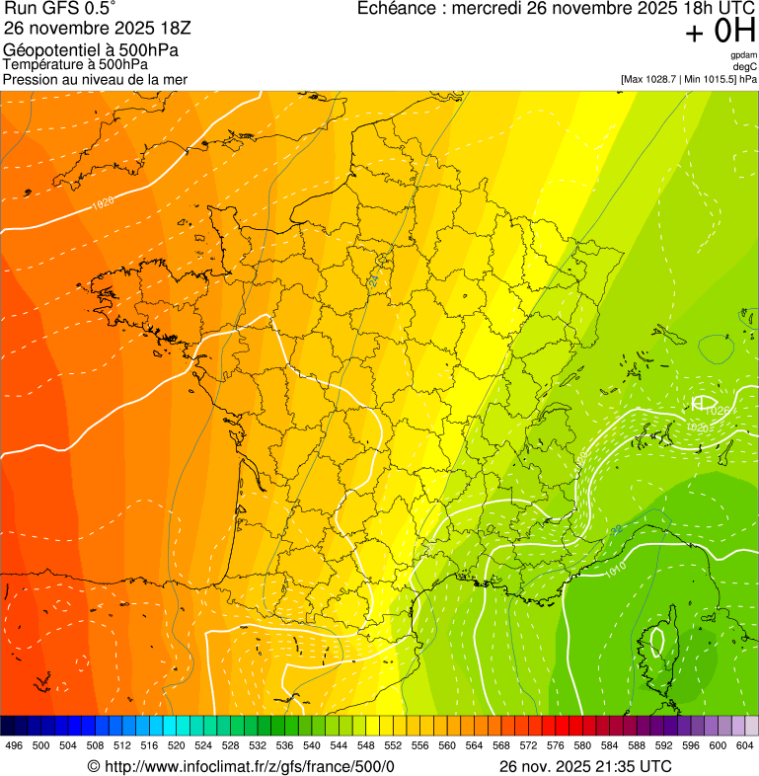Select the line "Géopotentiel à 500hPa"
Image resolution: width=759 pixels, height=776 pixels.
[x=91, y=50]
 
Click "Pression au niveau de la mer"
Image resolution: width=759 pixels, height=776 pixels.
[x=95, y=79]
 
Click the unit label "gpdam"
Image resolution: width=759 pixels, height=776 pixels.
[x=743, y=55]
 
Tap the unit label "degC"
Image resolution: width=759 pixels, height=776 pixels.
[x=745, y=66]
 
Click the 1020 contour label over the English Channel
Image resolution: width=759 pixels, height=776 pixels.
[x=101, y=203]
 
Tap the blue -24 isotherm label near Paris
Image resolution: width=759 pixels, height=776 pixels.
[x=374, y=281]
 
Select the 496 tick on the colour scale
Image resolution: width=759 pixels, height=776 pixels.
[x=14, y=745]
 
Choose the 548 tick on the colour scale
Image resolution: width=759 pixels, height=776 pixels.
[x=365, y=745]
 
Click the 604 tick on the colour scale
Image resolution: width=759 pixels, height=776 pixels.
[x=744, y=745]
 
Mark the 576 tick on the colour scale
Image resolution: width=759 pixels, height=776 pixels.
[x=555, y=745]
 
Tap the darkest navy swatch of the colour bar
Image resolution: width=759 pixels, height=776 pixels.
[x=7, y=725]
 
